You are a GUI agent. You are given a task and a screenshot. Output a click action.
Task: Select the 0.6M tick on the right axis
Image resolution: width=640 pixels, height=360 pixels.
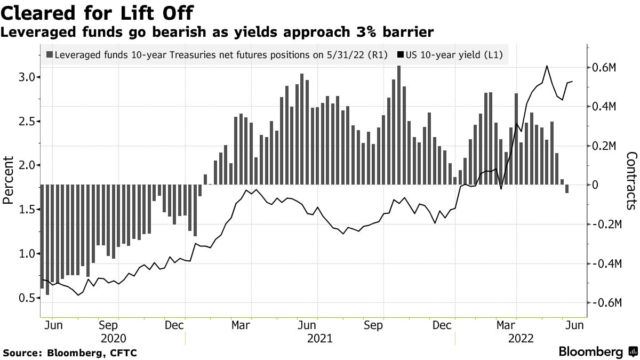(x=605, y=68)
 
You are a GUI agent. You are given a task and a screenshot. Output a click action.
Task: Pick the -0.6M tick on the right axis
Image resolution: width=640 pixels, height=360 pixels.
(x=603, y=303)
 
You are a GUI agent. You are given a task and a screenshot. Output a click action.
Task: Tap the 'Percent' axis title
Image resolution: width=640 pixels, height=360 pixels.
(x=8, y=180)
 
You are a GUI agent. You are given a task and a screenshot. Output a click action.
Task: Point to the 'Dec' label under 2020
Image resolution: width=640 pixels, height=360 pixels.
(x=174, y=324)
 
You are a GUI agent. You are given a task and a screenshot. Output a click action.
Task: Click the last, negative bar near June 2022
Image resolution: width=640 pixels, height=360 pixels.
(x=567, y=189)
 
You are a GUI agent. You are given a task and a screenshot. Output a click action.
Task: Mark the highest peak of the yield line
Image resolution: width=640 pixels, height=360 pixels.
(x=547, y=66)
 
